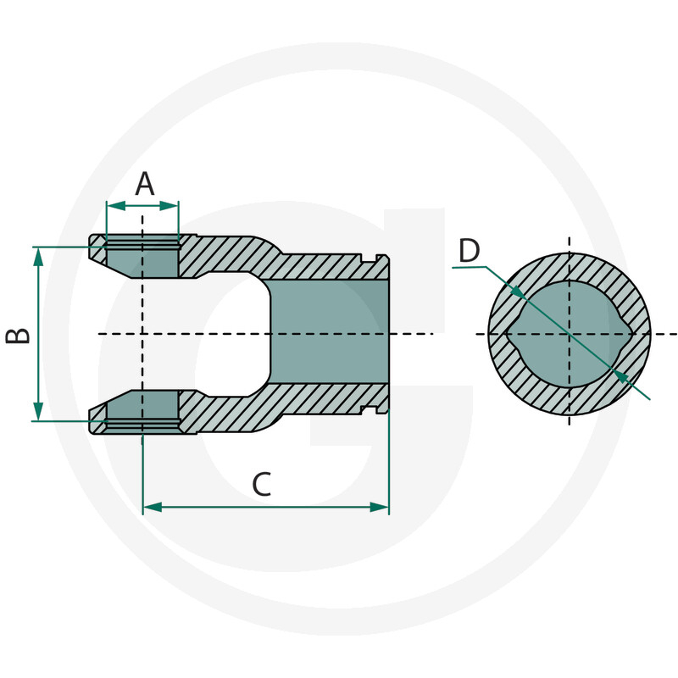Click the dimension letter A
pyautogui.click(x=145, y=183)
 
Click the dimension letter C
pyautogui.click(x=262, y=486)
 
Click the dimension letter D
pyautogui.click(x=469, y=251)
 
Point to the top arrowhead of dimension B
pyautogui.click(x=37, y=255)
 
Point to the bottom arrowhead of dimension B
pyautogui.click(x=37, y=413)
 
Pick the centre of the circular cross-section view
pyautogui.click(x=569, y=334)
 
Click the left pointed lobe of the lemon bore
pyautogui.click(x=509, y=334)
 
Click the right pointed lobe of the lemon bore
pyautogui.click(x=630, y=334)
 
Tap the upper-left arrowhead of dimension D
pyautogui.click(x=516, y=292)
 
